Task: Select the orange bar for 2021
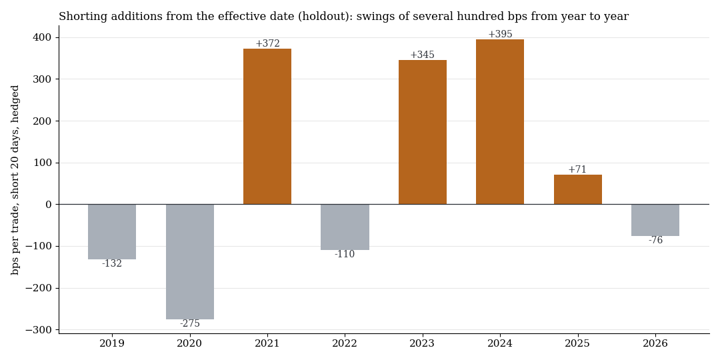[267, 126]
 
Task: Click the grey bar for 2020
[189, 262]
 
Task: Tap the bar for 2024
[499, 122]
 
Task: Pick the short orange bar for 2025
[577, 189]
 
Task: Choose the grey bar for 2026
[655, 220]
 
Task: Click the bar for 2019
[112, 232]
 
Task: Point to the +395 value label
[500, 34]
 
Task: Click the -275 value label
[189, 324]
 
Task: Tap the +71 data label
[577, 169]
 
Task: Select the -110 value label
[345, 255]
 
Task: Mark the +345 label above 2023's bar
[422, 55]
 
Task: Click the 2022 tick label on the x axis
[345, 343]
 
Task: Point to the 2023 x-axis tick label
[422, 343]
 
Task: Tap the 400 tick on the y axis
[43, 37]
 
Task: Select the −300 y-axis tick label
[40, 330]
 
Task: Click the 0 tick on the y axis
[49, 205]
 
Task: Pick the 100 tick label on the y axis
[43, 163]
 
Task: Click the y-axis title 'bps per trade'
[15, 240]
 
